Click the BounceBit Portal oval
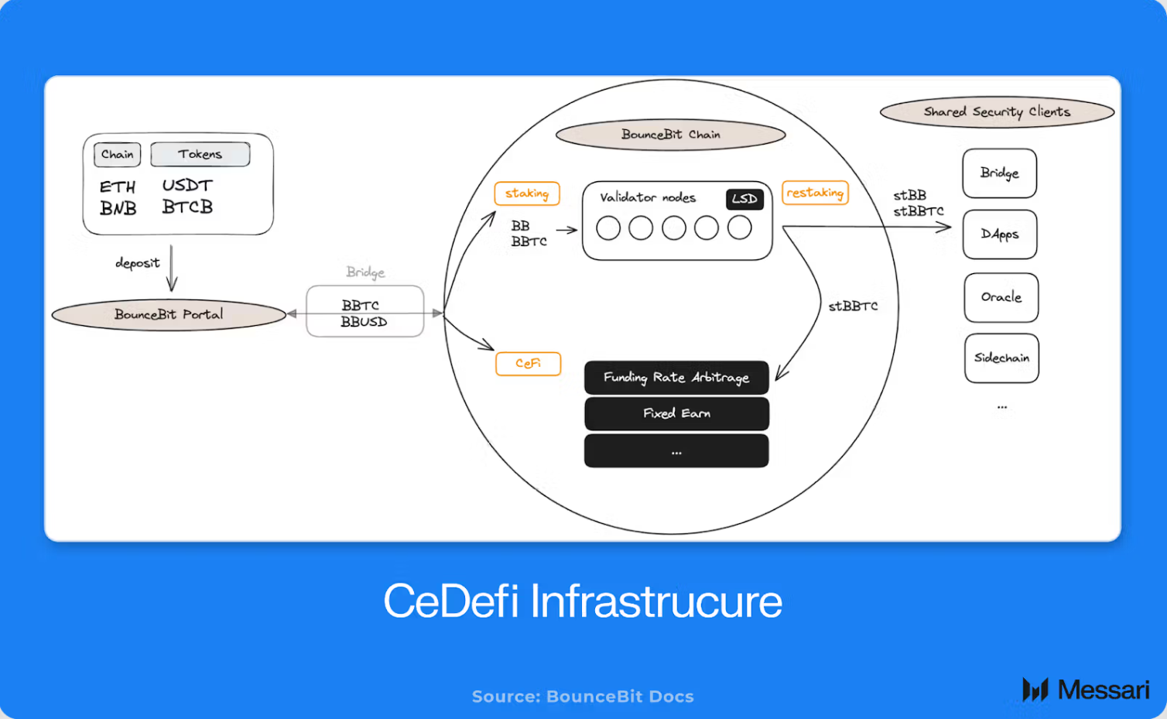click(x=169, y=315)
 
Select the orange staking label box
click(x=527, y=193)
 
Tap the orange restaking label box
click(x=815, y=193)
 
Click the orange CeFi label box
click(x=528, y=364)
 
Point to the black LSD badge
click(x=744, y=199)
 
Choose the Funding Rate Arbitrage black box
click(x=676, y=378)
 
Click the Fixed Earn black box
click(x=676, y=414)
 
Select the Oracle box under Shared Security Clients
click(x=1001, y=297)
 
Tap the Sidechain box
click(x=1001, y=358)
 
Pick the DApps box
click(x=1000, y=235)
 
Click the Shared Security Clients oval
click(x=997, y=112)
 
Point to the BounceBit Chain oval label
click(x=670, y=135)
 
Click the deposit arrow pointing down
click(x=172, y=268)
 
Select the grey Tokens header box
click(x=200, y=155)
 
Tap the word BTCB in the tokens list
click(x=187, y=207)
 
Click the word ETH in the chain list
click(x=118, y=187)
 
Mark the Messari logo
click(x=1086, y=690)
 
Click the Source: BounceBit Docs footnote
click(x=583, y=697)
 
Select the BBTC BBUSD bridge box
click(x=364, y=313)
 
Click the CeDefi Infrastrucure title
click(x=583, y=601)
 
